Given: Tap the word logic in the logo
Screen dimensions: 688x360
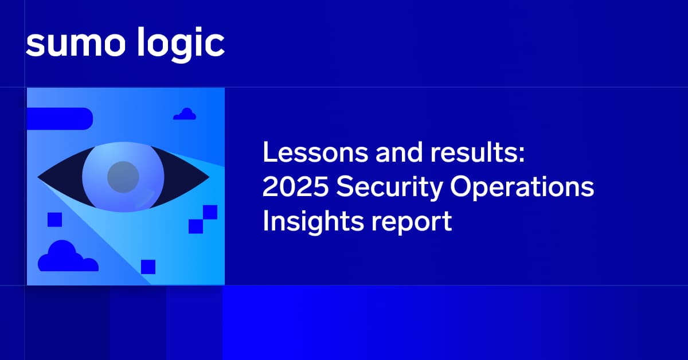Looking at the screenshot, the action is [x=181, y=45].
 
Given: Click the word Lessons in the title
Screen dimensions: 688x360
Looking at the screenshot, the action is [x=315, y=152].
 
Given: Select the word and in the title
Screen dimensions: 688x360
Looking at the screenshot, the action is [x=399, y=152].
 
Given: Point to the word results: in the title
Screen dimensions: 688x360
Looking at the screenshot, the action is [x=478, y=152].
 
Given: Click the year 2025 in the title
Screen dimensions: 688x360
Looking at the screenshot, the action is [x=295, y=186].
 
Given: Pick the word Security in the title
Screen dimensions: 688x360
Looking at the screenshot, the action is [x=389, y=188].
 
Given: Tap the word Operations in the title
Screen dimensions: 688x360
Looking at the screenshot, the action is [x=522, y=188].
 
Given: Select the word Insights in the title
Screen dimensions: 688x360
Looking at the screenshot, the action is [x=313, y=222].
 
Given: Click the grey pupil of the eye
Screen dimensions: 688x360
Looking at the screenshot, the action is [x=123, y=177].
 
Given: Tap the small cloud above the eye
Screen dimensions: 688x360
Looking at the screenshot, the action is [x=185, y=114].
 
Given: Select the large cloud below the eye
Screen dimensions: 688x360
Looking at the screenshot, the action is [x=68, y=256].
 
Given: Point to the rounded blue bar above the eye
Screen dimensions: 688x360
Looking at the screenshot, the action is [x=60, y=119].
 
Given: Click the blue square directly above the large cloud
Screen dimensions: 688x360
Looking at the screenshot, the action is [x=54, y=220].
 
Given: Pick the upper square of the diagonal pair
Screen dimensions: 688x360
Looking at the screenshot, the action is [x=210, y=212].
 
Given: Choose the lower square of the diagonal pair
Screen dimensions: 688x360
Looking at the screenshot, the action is [x=196, y=226].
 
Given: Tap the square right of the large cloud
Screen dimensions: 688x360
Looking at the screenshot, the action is [x=148, y=267].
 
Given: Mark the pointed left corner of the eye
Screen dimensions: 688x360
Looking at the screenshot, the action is [x=38, y=177].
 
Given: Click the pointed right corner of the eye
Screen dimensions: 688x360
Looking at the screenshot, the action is [x=209, y=177].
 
